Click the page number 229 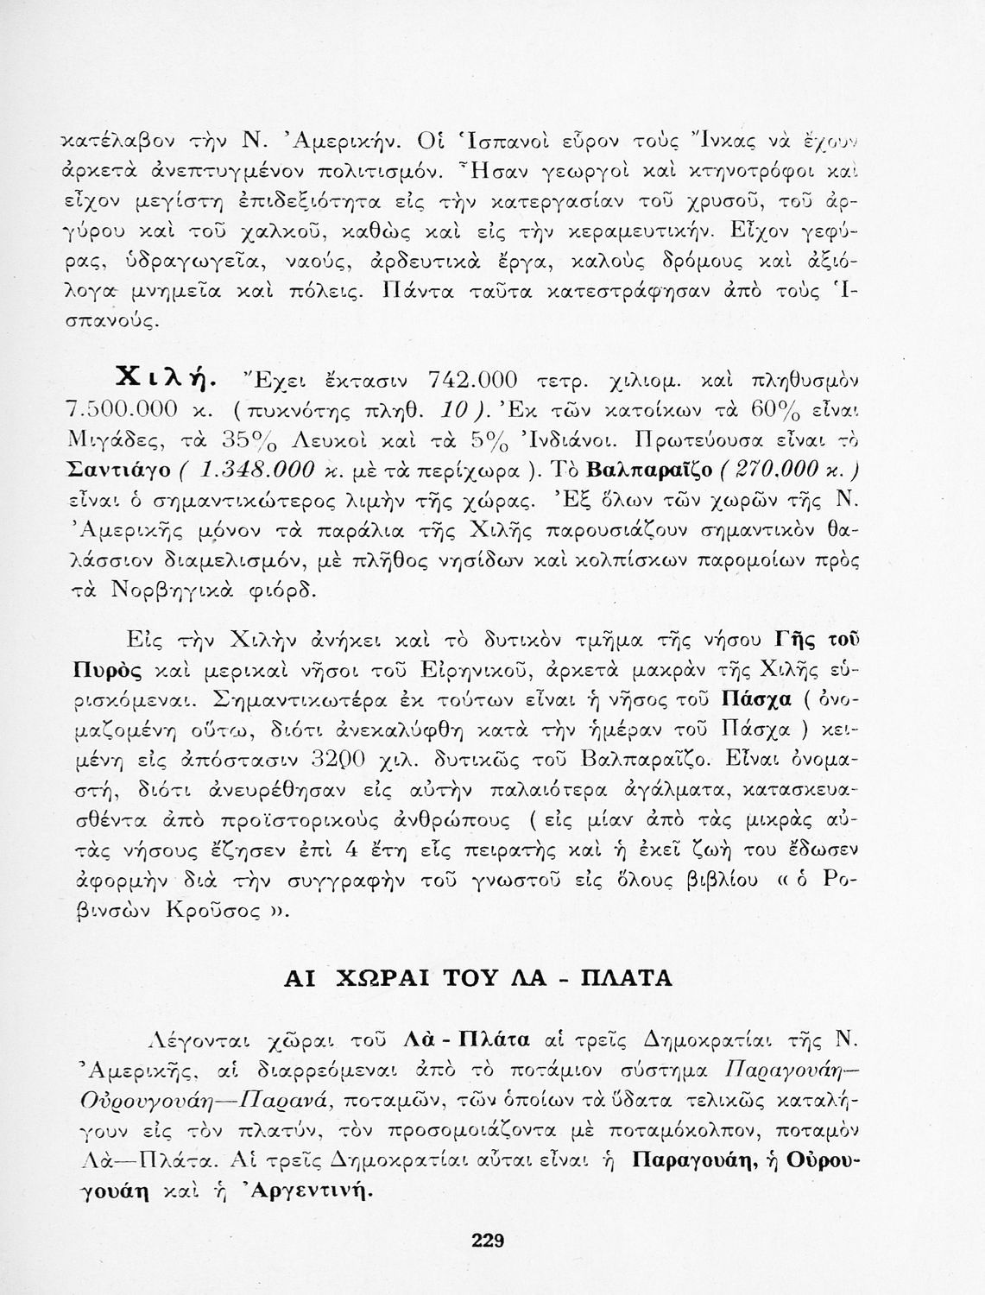pyautogui.click(x=488, y=1242)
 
